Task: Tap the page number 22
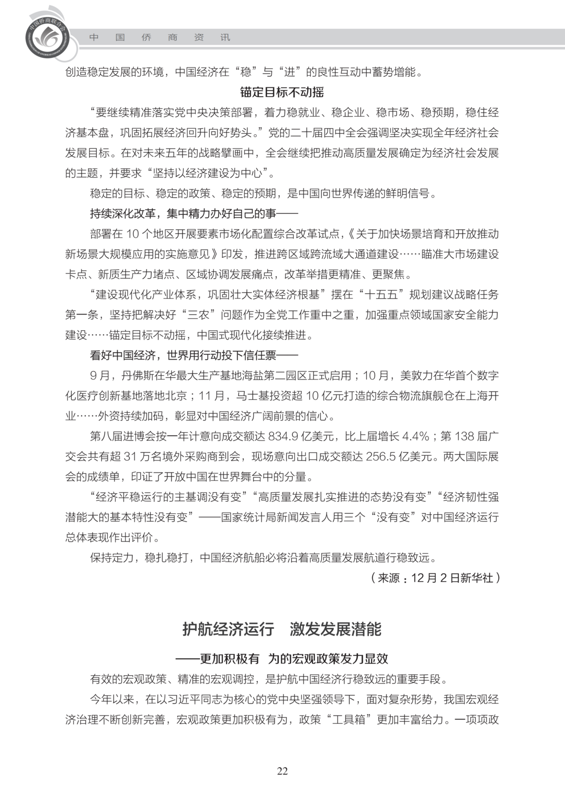pos(282,771)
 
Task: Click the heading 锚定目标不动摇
pos(282,93)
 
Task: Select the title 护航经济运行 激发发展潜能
pos(282,629)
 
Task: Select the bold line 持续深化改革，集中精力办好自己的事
pos(194,214)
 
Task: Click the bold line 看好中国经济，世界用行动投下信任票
pos(194,355)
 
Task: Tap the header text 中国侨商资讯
pos(160,38)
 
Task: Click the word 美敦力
pos(417,375)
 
